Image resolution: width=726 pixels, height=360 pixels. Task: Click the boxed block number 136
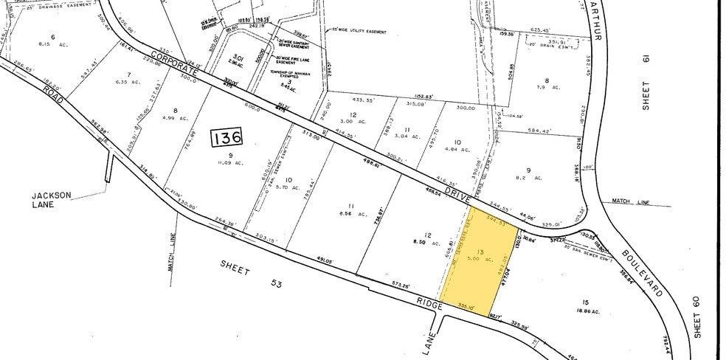pos(225,137)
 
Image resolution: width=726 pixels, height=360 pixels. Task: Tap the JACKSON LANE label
pos(51,200)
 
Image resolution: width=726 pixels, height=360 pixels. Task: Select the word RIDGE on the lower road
pos(429,303)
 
